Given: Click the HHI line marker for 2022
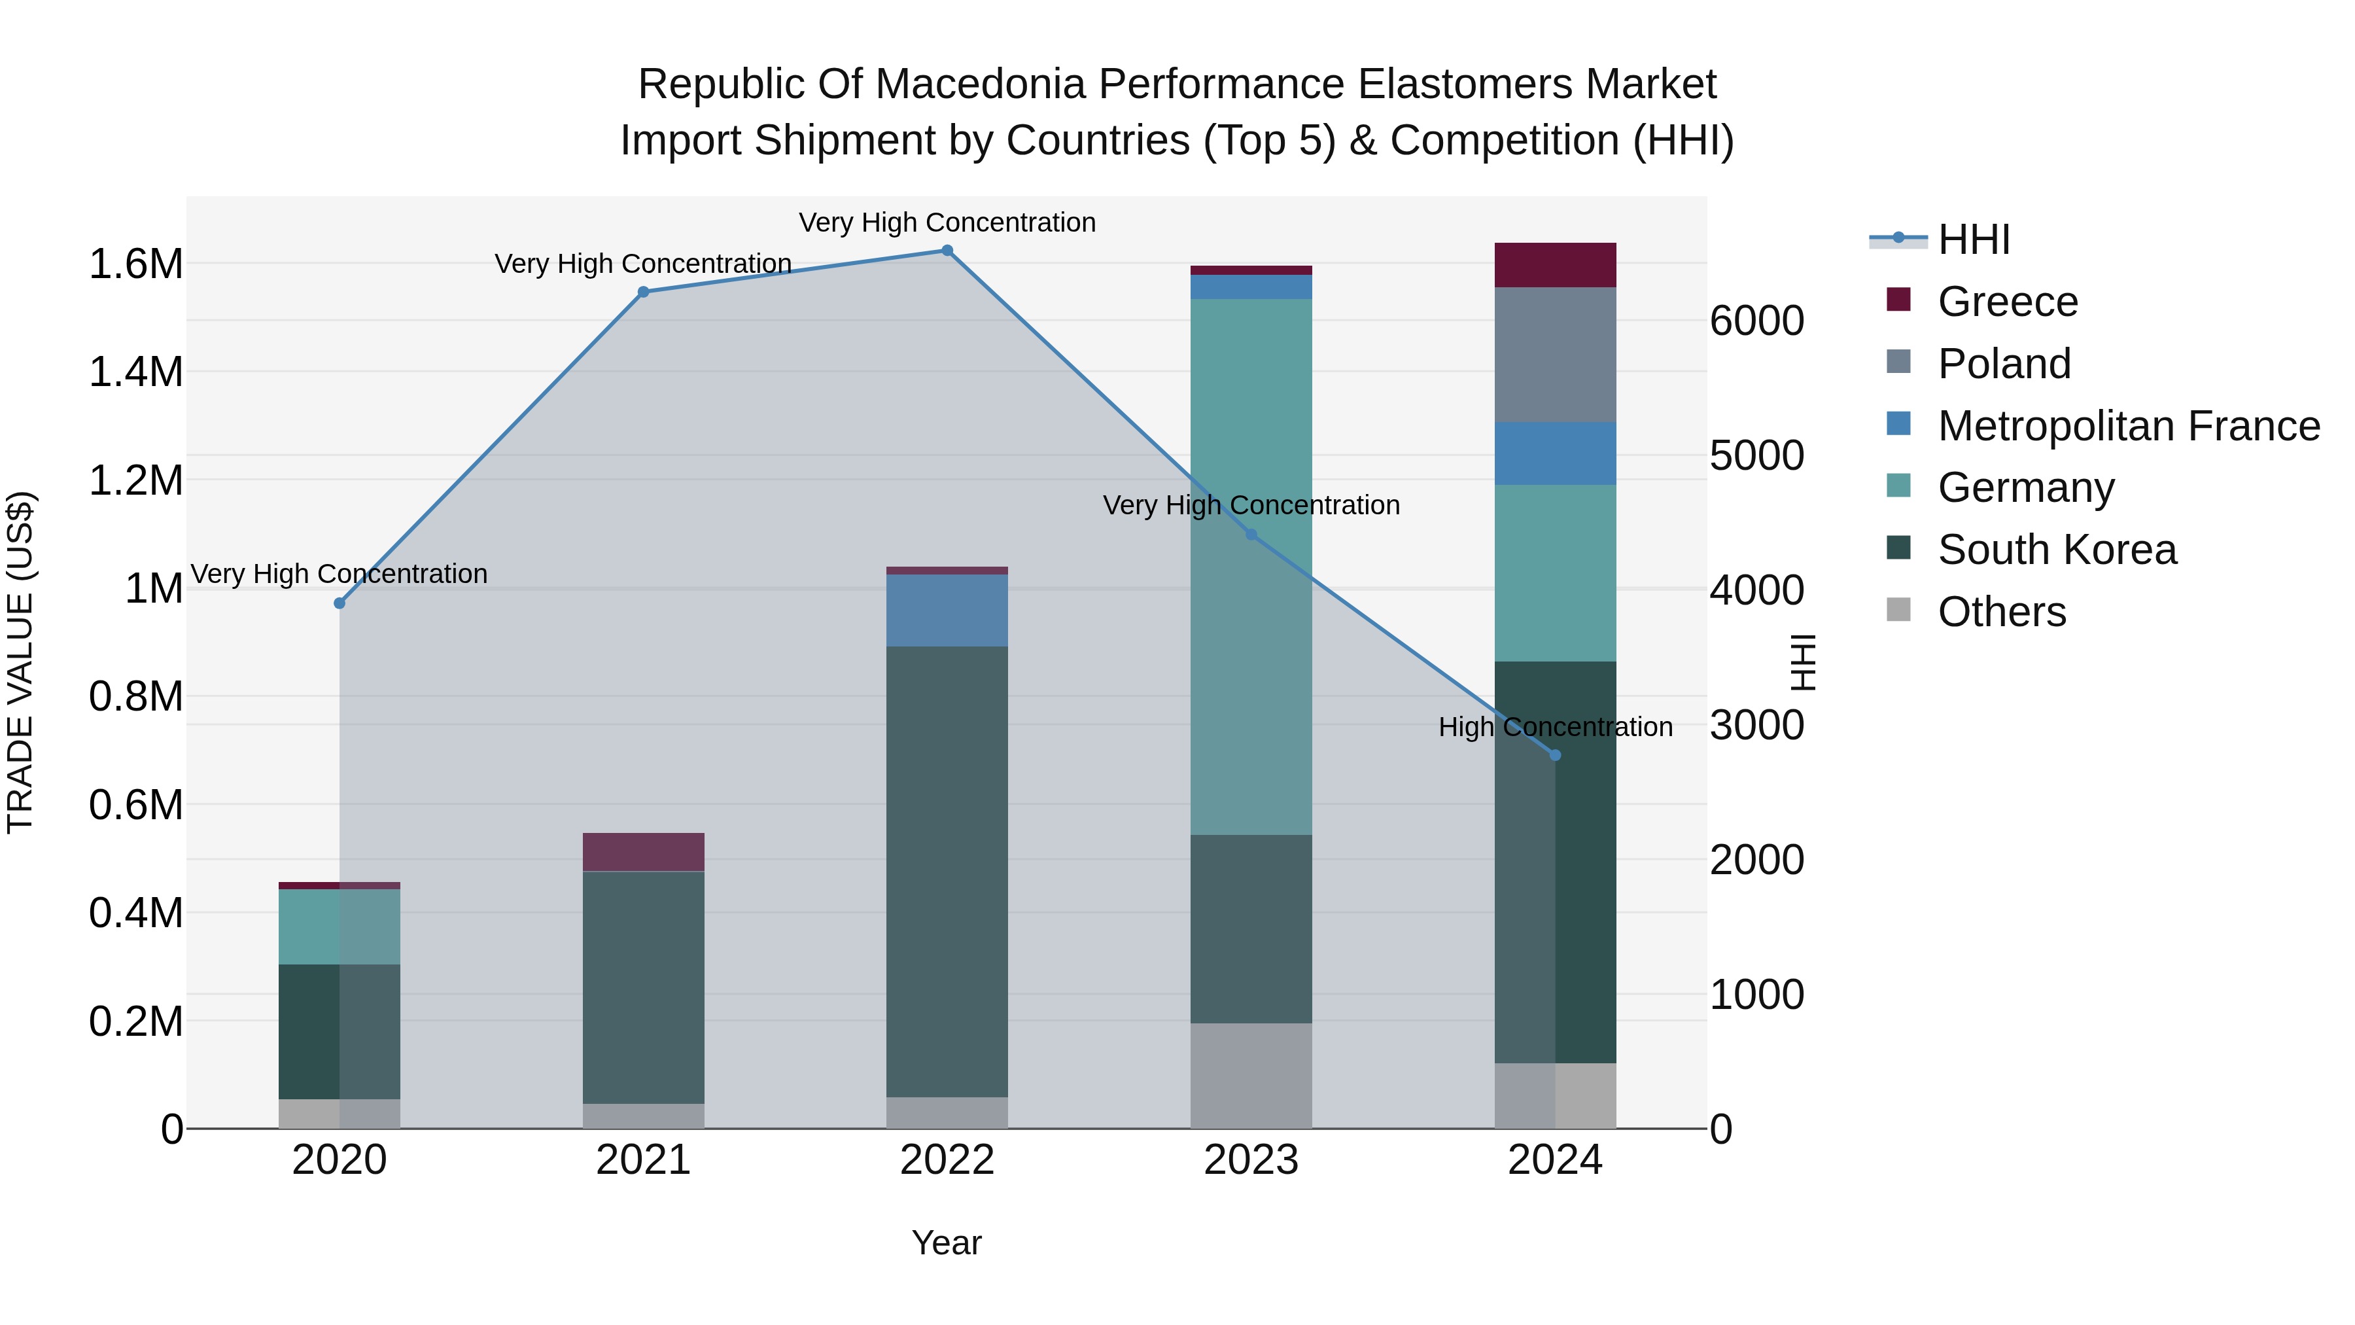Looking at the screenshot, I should pyautogui.click(x=947, y=251).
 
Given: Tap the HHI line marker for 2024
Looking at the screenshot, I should pyautogui.click(x=1555, y=755).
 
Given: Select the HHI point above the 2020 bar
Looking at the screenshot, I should pyautogui.click(x=339, y=603).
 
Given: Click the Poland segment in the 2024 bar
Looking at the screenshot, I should pyautogui.click(x=1555, y=355).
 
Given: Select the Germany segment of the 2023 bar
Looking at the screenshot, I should pyautogui.click(x=1251, y=567).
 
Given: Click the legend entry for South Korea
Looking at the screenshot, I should pyautogui.click(x=2056, y=550).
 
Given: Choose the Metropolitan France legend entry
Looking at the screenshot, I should pyautogui.click(x=2127, y=426).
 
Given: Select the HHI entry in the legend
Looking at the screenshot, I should pyautogui.click(x=1973, y=239).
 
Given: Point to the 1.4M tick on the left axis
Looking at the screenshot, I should pyautogui.click(x=136, y=372).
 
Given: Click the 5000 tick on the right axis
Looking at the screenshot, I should pyautogui.click(x=1756, y=455).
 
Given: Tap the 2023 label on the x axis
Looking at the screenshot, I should pyautogui.click(x=1251, y=1160).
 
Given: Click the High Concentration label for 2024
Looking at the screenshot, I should pyautogui.click(x=1555, y=727).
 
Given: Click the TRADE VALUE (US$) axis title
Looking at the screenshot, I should pyautogui.click(x=20, y=662).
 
